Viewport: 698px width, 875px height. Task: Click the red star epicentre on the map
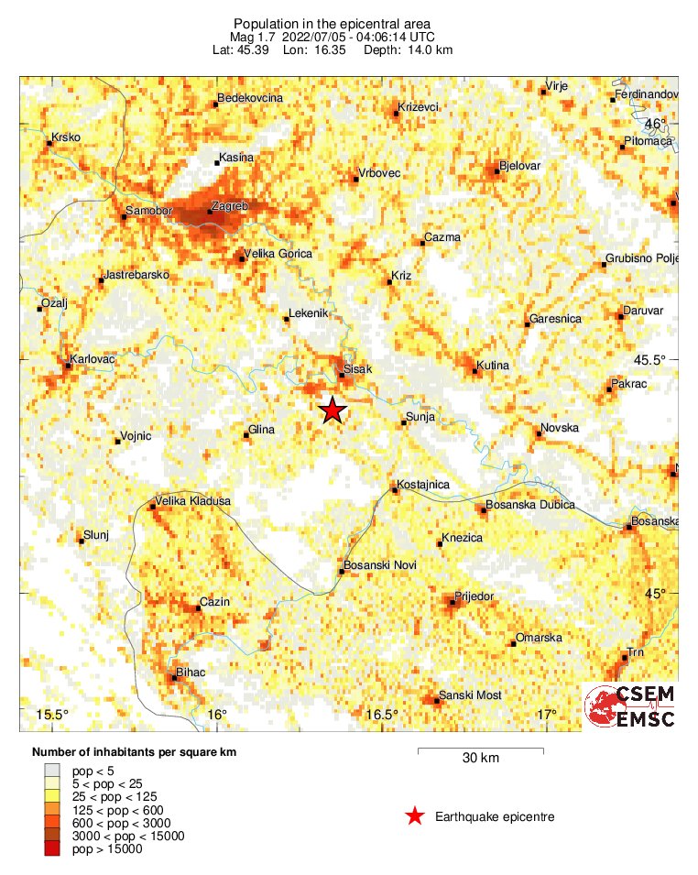tap(333, 410)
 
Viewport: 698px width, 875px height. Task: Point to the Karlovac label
tap(93, 358)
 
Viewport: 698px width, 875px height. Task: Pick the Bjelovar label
tap(520, 166)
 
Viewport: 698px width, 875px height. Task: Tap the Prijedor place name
tap(474, 596)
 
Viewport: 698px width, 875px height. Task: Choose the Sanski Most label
tap(470, 695)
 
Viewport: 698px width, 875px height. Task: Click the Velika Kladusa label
tap(193, 501)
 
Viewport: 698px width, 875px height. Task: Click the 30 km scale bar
tap(481, 751)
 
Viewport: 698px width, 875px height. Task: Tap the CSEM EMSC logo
tap(631, 706)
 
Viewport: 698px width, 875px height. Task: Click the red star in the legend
tap(415, 815)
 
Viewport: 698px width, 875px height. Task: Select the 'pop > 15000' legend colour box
tap(53, 849)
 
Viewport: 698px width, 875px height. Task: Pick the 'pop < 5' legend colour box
tap(53, 771)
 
